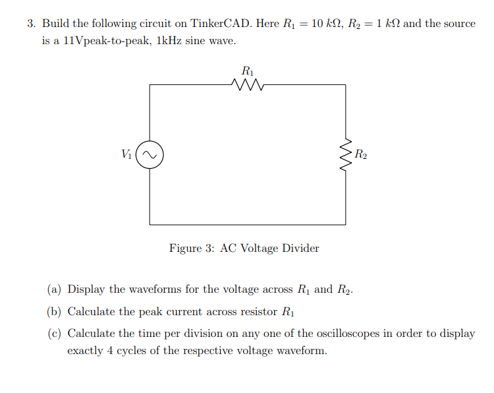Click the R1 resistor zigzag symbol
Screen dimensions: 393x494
point(248,84)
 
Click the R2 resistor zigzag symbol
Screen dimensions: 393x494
point(345,156)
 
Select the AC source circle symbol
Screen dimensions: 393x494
point(150,156)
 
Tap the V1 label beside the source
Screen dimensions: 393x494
point(127,155)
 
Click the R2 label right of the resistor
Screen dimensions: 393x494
point(361,156)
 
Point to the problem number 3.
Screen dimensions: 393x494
point(30,24)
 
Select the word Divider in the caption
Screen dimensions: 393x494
point(300,248)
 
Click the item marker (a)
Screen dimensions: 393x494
point(54,289)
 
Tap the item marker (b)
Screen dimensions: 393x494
point(54,311)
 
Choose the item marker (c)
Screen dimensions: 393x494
point(54,334)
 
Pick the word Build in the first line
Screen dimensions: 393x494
point(56,24)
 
